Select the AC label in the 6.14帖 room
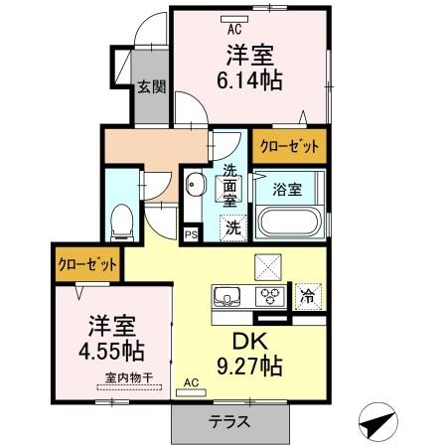coord(234,29)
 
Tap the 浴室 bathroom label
coord(289,189)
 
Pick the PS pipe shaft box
coord(190,234)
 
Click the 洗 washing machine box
coord(231,226)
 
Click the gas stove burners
coord(268,295)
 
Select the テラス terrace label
coord(228,420)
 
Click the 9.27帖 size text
coord(251,365)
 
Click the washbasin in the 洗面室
coord(195,185)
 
